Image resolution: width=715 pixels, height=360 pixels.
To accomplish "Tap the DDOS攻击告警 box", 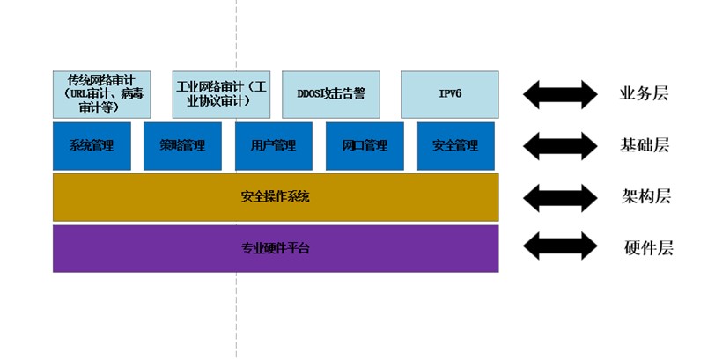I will (330, 94).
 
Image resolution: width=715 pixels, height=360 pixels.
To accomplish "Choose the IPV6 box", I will (449, 94).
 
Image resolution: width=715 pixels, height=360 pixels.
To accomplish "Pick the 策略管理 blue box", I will (182, 145).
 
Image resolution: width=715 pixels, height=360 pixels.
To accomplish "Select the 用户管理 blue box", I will (273, 145).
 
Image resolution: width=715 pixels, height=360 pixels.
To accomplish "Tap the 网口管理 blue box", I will (365, 145).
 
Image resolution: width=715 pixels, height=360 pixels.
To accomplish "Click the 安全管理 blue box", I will (455, 145).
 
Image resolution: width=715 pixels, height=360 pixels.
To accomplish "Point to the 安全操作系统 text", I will (275, 196).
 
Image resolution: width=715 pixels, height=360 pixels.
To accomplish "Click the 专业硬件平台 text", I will (275, 248).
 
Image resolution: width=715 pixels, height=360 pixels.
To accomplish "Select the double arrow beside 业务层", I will (560, 92).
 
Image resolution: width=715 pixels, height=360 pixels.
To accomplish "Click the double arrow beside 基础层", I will (560, 145).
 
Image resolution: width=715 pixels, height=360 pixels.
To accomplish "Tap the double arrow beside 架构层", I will (560, 196).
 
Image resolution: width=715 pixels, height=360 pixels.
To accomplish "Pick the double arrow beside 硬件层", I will (560, 247).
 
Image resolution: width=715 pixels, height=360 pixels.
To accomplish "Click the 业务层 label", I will (644, 93).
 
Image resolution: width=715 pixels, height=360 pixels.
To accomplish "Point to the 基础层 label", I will (644, 145).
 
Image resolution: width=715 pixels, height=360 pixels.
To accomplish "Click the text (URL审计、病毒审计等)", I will (101, 99).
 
